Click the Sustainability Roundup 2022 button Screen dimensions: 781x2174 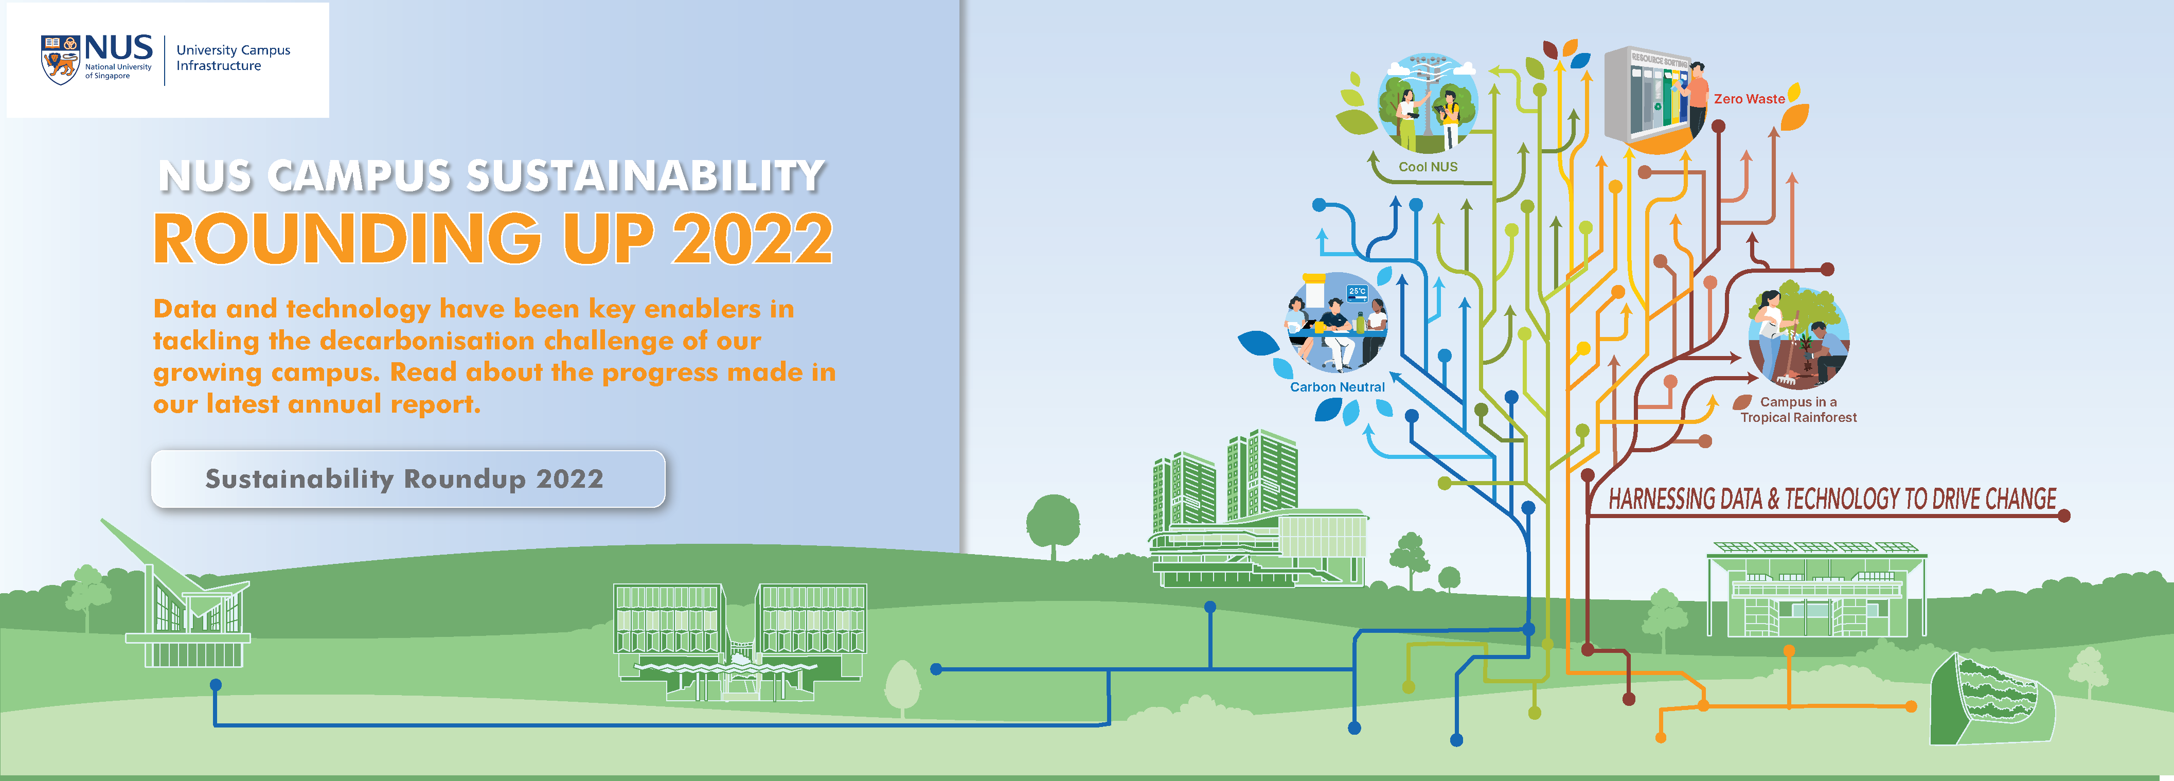tap(407, 478)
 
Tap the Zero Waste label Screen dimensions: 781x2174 tap(1749, 99)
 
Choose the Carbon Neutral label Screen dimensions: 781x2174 tap(1337, 387)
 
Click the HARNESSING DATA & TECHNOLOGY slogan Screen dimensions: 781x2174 tap(1831, 499)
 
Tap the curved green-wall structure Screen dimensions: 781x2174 tap(1992, 700)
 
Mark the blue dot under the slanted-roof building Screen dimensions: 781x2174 tap(216, 685)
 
